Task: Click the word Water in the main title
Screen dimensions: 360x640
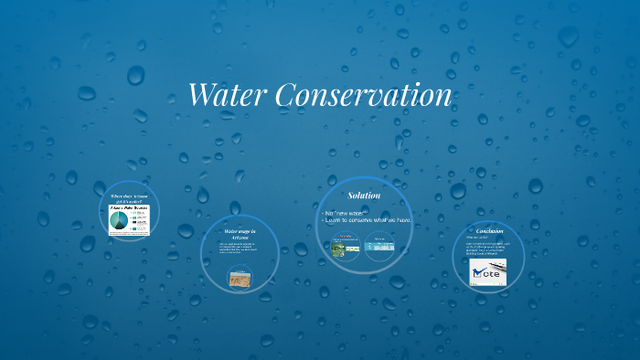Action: point(229,95)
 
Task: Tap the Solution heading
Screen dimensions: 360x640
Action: point(364,196)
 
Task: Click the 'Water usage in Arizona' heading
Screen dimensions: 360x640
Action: point(240,235)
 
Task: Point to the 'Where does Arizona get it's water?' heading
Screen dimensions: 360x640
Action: point(129,198)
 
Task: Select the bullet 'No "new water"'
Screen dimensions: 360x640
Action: point(345,213)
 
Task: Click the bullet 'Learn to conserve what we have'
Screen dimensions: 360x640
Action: point(368,220)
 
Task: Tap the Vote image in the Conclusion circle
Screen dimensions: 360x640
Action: point(488,272)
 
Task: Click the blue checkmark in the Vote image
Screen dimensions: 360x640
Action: point(478,271)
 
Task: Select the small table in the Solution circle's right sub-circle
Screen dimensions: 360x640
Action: point(379,247)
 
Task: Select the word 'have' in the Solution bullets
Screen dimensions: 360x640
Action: point(403,220)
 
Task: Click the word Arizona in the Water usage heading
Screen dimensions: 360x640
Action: point(240,238)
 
